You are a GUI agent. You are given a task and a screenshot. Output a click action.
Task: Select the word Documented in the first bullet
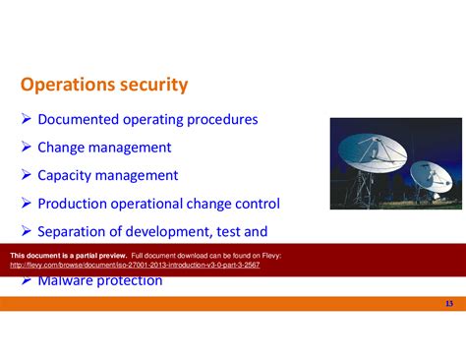click(x=78, y=120)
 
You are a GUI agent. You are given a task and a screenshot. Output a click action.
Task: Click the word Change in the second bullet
click(x=60, y=148)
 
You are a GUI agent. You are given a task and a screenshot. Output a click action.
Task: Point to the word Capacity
click(x=65, y=176)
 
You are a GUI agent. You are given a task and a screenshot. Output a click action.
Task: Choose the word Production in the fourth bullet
click(x=75, y=204)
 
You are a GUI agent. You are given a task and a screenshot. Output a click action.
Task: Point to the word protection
click(x=129, y=281)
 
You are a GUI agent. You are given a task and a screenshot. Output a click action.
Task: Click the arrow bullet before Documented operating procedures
click(x=27, y=120)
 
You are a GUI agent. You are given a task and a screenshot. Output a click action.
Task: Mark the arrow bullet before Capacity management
click(x=27, y=176)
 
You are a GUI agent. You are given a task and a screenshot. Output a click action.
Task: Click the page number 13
click(x=448, y=303)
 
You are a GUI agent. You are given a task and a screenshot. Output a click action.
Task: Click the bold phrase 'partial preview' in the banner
click(x=98, y=255)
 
